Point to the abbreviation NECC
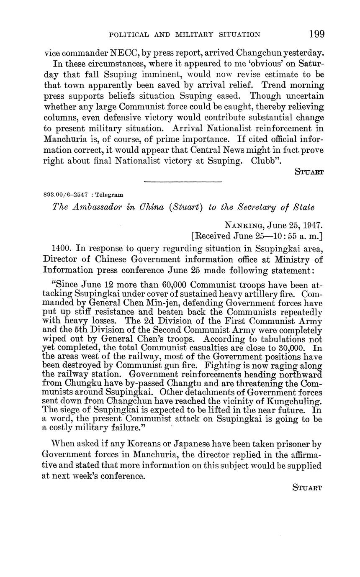click(x=123, y=53)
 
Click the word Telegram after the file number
click(x=110, y=195)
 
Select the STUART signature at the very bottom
click(x=308, y=488)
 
